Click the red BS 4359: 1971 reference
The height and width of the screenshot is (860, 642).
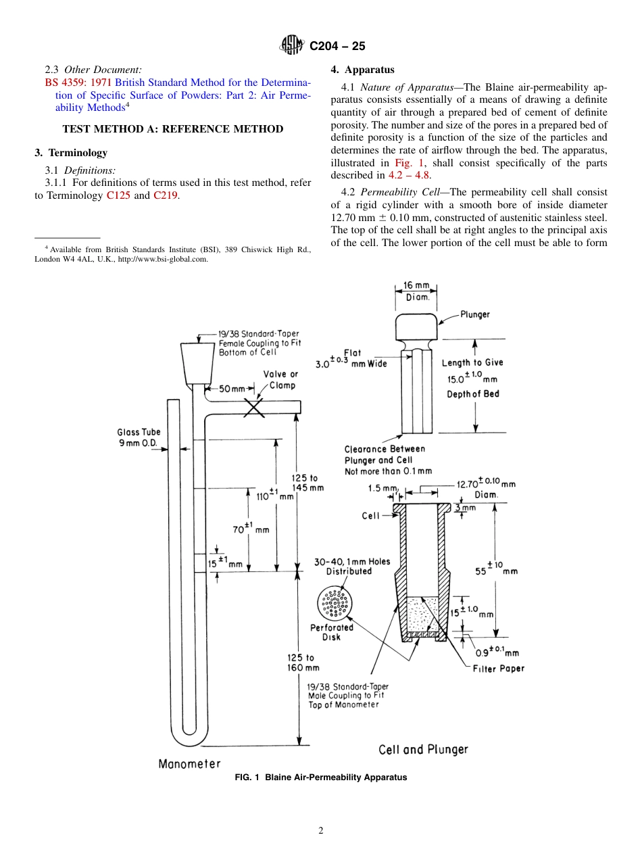(x=78, y=82)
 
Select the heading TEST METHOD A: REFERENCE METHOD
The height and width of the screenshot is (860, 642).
(x=172, y=129)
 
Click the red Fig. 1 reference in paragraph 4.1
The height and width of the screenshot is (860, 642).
(x=408, y=163)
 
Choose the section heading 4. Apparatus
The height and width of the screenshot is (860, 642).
(x=362, y=70)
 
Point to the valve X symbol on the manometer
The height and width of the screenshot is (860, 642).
(x=253, y=406)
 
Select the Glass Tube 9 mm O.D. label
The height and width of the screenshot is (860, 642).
(x=139, y=437)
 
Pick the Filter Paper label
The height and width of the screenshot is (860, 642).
(x=498, y=668)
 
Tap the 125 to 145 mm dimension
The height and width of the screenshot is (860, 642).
(x=307, y=483)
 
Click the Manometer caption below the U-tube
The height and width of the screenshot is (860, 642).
(x=190, y=763)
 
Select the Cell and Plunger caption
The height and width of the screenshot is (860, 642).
(x=423, y=749)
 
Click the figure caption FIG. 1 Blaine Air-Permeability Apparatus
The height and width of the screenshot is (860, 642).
(x=320, y=778)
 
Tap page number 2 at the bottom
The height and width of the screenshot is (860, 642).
(x=321, y=831)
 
